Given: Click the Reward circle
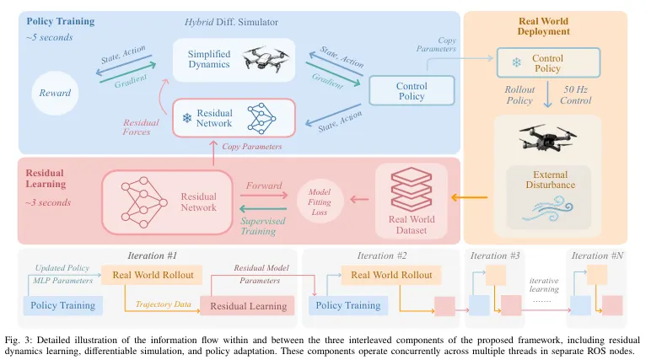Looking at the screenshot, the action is [55, 93].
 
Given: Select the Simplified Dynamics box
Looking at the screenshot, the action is [234, 60].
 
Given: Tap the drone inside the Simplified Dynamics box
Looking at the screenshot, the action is [266, 58].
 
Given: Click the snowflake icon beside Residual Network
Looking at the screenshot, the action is [187, 118].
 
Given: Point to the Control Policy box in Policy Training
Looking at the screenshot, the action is [412, 90].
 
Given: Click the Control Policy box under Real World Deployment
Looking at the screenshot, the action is [548, 62].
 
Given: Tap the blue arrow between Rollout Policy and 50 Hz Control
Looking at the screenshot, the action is [547, 94].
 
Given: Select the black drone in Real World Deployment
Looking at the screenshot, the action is [547, 138].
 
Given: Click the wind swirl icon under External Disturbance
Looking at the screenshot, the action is [547, 209].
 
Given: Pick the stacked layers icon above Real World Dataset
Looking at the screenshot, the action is [411, 190].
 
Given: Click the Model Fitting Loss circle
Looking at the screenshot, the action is [320, 201].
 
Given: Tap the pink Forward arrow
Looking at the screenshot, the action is [264, 195].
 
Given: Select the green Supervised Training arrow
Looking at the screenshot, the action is [263, 208].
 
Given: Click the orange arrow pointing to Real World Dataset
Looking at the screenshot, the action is [469, 197].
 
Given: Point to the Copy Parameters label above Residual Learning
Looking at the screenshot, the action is [251, 147].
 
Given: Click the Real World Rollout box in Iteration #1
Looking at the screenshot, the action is [152, 275].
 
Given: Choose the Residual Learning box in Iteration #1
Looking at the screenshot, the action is [247, 306].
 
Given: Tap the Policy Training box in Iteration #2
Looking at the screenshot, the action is [348, 305].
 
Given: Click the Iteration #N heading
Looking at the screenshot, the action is [597, 255].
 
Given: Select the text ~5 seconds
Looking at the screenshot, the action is [50, 37].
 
